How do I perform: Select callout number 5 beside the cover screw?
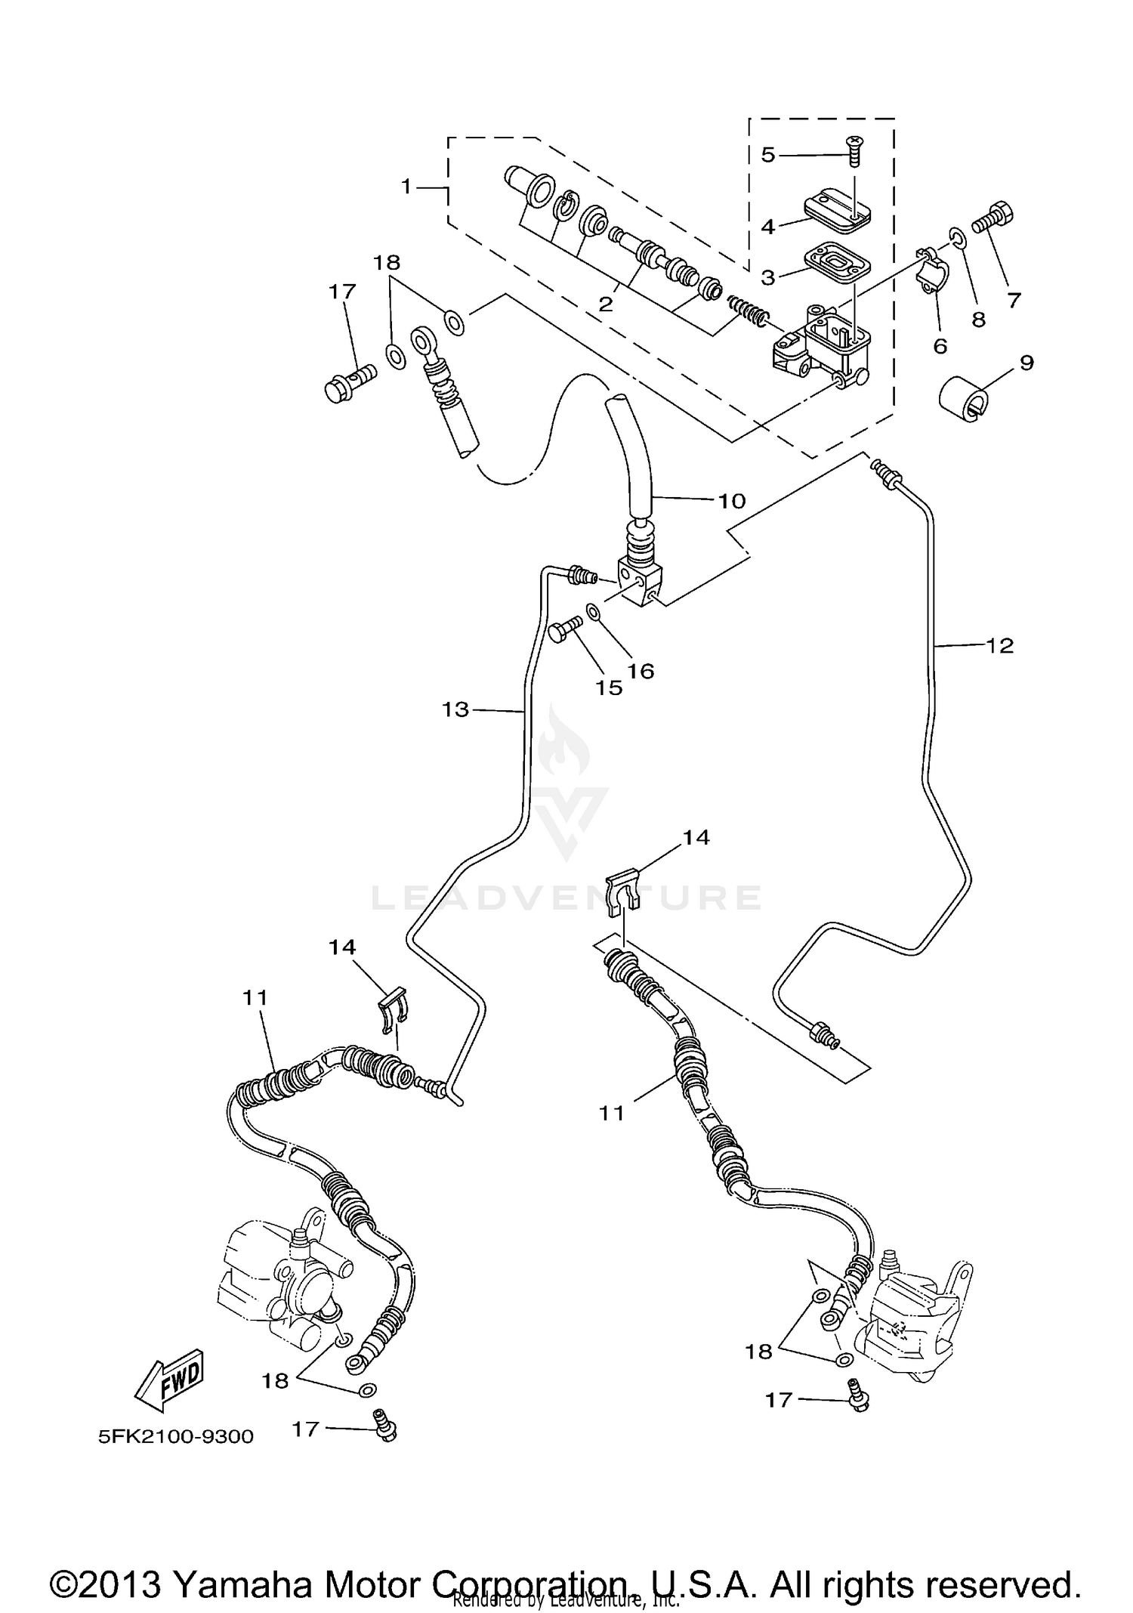(767, 155)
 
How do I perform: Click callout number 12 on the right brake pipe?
(1000, 645)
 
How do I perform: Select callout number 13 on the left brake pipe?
(455, 709)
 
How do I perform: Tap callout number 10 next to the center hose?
(731, 500)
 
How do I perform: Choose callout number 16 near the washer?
(641, 670)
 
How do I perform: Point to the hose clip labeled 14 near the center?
(623, 891)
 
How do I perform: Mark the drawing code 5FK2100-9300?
(175, 1436)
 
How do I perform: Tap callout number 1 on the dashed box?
(406, 186)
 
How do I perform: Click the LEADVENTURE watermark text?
(566, 898)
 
